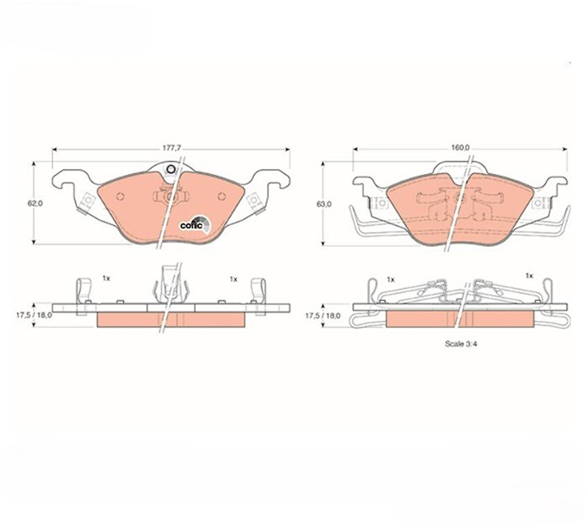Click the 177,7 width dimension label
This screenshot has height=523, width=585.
pos(171,148)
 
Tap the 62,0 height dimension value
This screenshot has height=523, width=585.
pos(35,203)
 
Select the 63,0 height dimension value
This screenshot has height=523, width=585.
pos(323,204)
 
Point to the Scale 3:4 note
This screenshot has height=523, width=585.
pos(461,344)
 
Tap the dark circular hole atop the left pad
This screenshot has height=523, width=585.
pos(171,170)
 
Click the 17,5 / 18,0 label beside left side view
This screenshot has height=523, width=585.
pos(34,315)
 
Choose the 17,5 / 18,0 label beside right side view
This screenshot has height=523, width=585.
pos(323,316)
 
